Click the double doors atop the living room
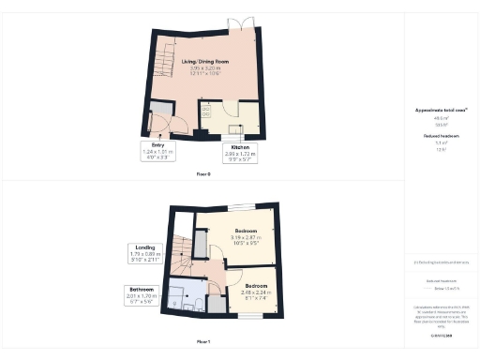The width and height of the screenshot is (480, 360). [247, 22]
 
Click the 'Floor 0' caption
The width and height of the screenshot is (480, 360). [202, 174]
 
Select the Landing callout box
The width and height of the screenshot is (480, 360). [145, 253]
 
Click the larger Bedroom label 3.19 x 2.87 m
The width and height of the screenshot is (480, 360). [246, 235]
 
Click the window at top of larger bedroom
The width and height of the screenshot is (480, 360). [241, 205]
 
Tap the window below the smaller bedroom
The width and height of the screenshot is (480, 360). [248, 317]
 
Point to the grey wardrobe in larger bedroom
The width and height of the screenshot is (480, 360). [200, 244]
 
